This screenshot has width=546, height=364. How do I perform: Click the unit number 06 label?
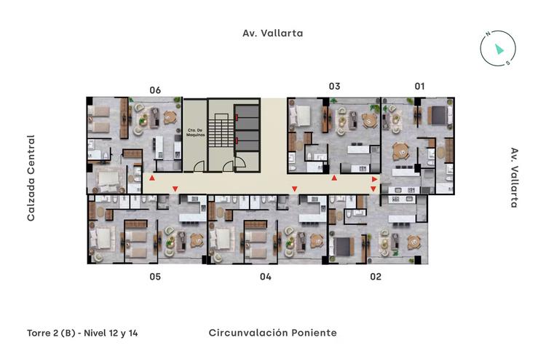pyautogui.click(x=155, y=90)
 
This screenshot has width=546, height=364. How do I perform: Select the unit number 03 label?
pyautogui.click(x=334, y=86)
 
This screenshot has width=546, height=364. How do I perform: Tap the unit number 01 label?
pyautogui.click(x=419, y=86)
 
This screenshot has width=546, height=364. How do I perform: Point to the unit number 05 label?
pyautogui.click(x=155, y=277)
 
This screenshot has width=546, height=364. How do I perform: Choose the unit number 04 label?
pyautogui.click(x=265, y=277)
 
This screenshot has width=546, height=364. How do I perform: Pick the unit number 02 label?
pyautogui.click(x=376, y=277)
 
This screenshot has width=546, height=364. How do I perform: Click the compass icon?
pyautogui.click(x=498, y=48)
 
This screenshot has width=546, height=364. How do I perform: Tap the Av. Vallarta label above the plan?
pyautogui.click(x=272, y=33)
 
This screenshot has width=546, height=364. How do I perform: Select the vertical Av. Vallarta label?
pyautogui.click(x=515, y=178)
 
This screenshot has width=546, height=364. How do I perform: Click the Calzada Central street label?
pyautogui.click(x=31, y=178)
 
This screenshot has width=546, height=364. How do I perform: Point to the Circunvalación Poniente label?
pyautogui.click(x=272, y=333)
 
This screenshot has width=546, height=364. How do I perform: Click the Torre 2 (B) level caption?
pyautogui.click(x=82, y=333)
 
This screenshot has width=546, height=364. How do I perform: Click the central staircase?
pyautogui.click(x=219, y=135)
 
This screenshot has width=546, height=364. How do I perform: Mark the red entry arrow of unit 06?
pyautogui.click(x=151, y=178)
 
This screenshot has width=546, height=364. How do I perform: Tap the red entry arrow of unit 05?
pyautogui.click(x=175, y=190)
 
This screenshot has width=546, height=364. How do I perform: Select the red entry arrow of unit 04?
pyautogui.click(x=294, y=190)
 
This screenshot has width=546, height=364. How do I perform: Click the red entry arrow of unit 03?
pyautogui.click(x=334, y=178)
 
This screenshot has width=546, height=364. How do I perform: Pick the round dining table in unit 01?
pyautogui.click(x=400, y=151)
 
